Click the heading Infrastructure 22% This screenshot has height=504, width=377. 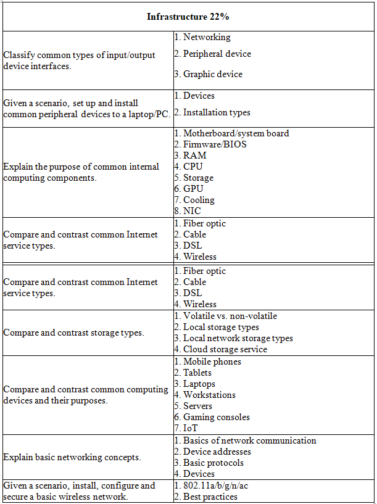click(x=188, y=17)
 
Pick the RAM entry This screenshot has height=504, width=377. click(x=194, y=155)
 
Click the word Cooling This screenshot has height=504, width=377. click(x=199, y=200)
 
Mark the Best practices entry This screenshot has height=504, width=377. click(x=210, y=497)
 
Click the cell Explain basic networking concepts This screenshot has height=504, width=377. click(x=72, y=457)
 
